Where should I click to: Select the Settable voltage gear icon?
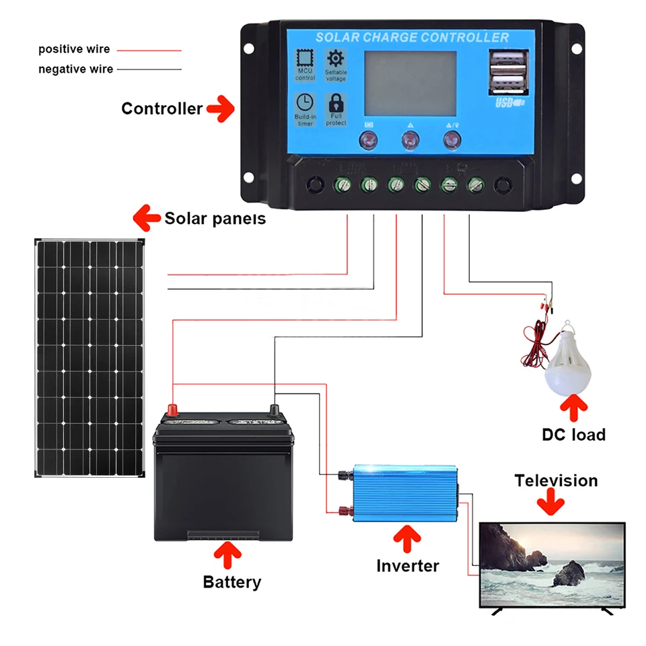coord(336,59)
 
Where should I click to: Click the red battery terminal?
coord(173,409)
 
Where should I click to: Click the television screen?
coord(551,564)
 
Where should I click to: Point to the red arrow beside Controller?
coord(220,109)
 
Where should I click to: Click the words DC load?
coord(573,435)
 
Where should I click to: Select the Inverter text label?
coord(408,566)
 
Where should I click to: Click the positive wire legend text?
coord(74,49)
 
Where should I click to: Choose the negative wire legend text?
coord(75,69)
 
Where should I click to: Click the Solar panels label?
coord(215,218)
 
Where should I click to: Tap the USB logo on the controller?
coord(509,103)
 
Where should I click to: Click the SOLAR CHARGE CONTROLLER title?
coord(412,37)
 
